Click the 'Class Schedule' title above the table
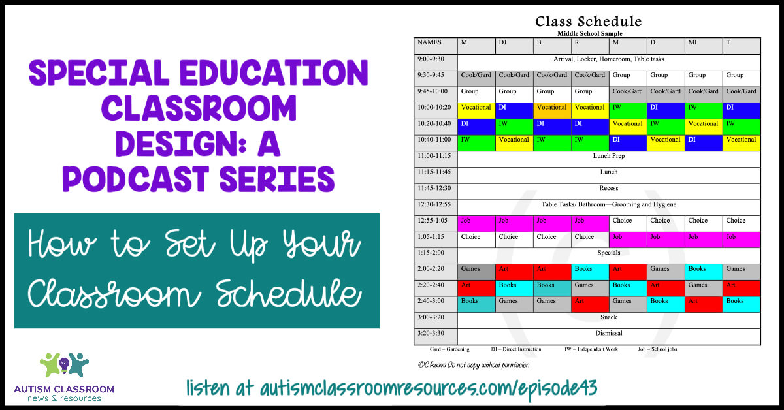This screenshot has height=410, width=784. pos(588,22)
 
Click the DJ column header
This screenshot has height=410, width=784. pos(502,43)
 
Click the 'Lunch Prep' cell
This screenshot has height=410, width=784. pos(608,157)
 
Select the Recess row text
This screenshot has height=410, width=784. pos(608,189)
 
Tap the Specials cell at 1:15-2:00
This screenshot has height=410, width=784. pos(608,253)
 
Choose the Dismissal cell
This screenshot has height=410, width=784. pos(608,334)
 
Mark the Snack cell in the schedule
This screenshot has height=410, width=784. pos(608,317)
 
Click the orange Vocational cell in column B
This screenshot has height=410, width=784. pos(551,108)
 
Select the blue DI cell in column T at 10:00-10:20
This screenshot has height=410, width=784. pos(742,108)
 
